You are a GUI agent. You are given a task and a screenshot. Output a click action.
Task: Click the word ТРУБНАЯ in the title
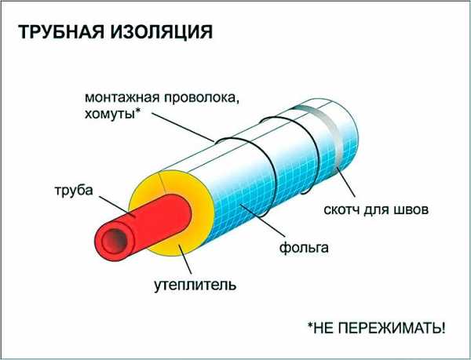tap(60, 32)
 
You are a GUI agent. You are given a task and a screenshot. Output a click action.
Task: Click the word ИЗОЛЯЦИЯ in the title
tap(161, 32)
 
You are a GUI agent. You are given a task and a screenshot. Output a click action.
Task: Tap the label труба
tap(74, 191)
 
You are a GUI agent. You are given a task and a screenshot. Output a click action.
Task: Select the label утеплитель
tap(195, 285)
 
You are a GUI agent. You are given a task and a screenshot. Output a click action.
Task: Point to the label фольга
tap(304, 248)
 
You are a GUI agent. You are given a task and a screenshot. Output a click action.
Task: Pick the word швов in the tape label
tap(411, 209)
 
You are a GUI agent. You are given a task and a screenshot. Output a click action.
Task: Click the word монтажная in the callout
tap(122, 98)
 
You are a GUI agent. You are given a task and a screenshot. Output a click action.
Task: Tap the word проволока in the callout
tap(202, 99)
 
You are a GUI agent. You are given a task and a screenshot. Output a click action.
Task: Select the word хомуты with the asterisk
tap(112, 115)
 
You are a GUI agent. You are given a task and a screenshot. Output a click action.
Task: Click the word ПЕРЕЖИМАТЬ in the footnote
tap(392, 328)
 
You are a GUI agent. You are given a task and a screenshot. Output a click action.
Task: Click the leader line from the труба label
tap(116, 207)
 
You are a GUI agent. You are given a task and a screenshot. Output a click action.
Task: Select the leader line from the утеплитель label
tap(185, 260)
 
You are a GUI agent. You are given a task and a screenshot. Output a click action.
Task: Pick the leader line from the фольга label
tap(262, 220)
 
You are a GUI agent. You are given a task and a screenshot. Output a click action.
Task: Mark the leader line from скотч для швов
tap(346, 182)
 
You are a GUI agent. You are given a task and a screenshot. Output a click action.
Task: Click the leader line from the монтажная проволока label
tap(183, 127)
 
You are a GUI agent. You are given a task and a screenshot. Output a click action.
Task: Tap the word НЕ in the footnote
tap(323, 328)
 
